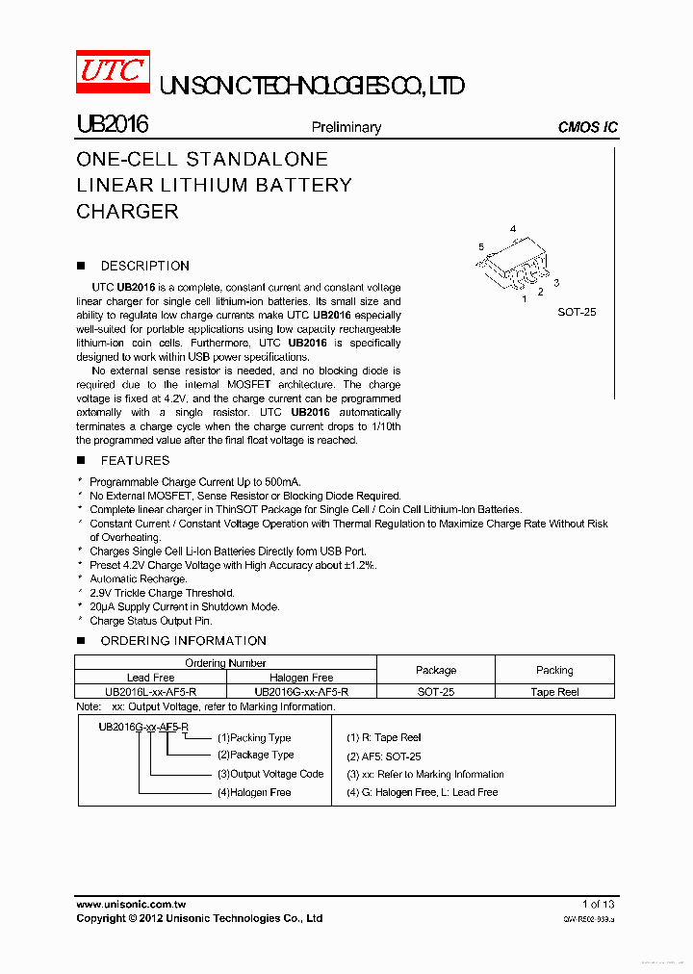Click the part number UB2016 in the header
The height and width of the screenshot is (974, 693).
pos(112,125)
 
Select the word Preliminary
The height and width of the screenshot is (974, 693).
pos(346,127)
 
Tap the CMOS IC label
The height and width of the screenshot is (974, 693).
pos(587,127)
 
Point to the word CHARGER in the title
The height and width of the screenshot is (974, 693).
pos(127,212)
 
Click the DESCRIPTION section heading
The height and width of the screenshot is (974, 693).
pos(144,266)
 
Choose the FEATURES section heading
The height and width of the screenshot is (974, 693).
pos(135,461)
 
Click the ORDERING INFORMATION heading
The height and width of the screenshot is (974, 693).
pos(183,641)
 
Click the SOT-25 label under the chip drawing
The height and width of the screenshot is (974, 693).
pos(577,312)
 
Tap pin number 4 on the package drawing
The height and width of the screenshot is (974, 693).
pos(513,229)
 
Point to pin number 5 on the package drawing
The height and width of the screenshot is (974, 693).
pos(481,247)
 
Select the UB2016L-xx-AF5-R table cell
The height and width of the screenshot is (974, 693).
pos(150,692)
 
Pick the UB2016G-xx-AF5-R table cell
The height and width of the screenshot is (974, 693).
pos(301,692)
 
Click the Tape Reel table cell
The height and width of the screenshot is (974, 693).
pos(554,692)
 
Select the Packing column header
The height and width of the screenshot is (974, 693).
pos(554,670)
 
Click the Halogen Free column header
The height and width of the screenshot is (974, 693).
pos(301,678)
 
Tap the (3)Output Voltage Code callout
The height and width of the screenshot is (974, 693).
pos(269,774)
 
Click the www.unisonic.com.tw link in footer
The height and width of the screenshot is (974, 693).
pos(130,904)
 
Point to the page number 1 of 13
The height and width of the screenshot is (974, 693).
pos(598,904)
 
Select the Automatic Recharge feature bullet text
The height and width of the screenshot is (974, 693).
pos(138,579)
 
